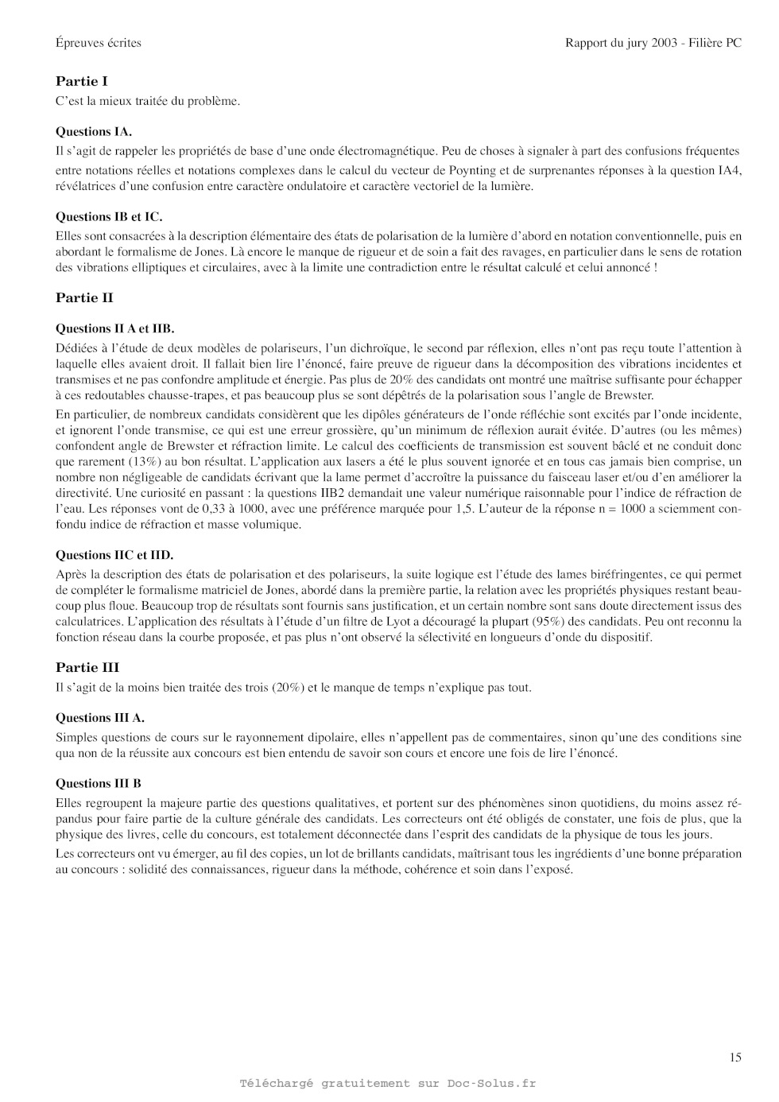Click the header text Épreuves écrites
pyautogui.click(x=99, y=43)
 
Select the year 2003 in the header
pyautogui.click(x=665, y=43)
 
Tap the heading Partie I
pyautogui.click(x=82, y=81)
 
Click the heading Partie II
pyautogui.click(x=84, y=298)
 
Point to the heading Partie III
pyautogui.click(x=87, y=668)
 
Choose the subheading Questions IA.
pyautogui.click(x=94, y=132)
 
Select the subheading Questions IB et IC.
pyautogui.click(x=109, y=216)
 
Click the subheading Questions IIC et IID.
pyautogui.click(x=114, y=555)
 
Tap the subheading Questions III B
pyautogui.click(x=99, y=783)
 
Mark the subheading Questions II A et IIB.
pyautogui.click(x=115, y=328)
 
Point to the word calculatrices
pyautogui.click(x=88, y=621)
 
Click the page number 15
pyautogui.click(x=735, y=1057)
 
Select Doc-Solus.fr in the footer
pyautogui.click(x=491, y=1083)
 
